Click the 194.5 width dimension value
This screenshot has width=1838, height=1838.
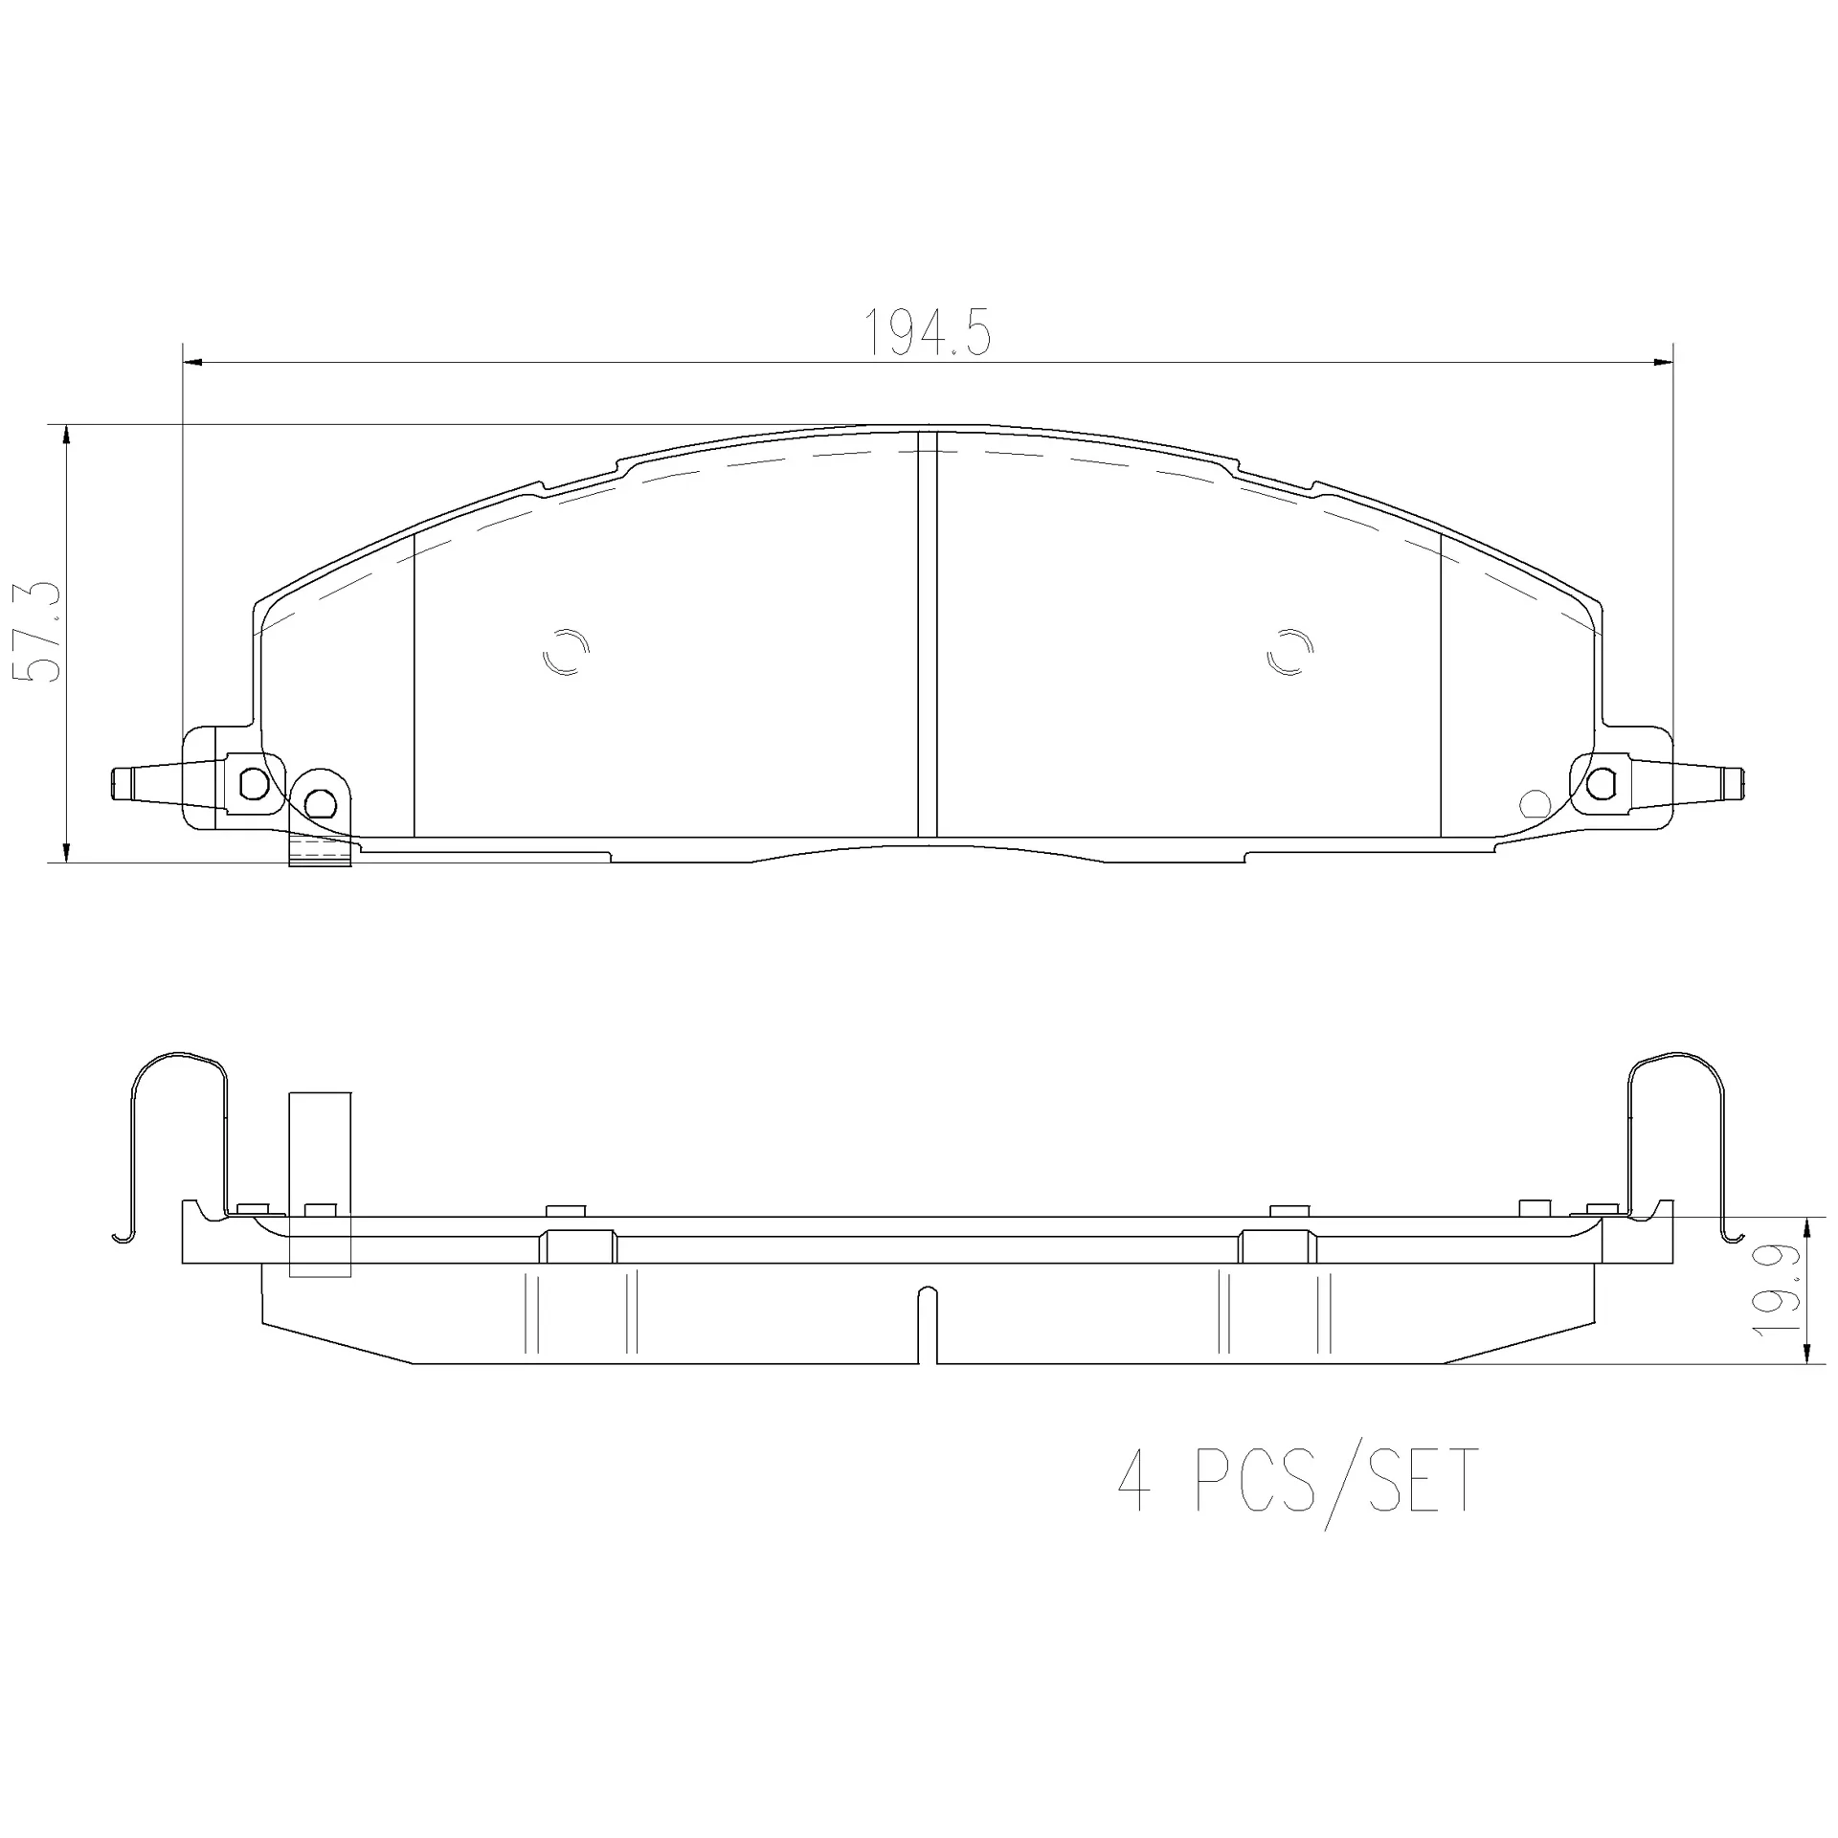[x=928, y=332]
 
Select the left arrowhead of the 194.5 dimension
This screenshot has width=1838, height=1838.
[x=192, y=363]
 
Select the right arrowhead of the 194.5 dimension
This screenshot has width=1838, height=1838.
[x=1663, y=363]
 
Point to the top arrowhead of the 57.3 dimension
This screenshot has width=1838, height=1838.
[x=66, y=436]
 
